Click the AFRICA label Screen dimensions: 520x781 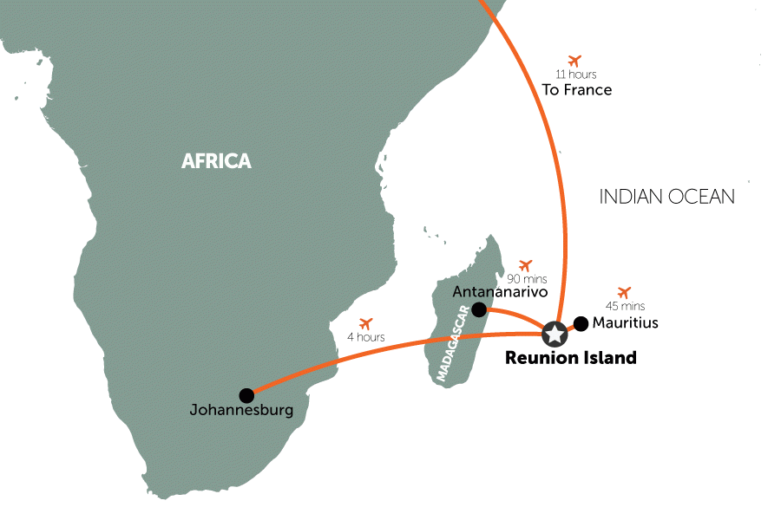pyautogui.click(x=216, y=161)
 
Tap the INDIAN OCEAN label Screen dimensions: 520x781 pyautogui.click(x=666, y=197)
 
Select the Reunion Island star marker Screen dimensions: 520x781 pyautogui.click(x=554, y=333)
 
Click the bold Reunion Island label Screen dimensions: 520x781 pyautogui.click(x=570, y=358)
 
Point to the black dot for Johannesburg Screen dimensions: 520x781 pyautogui.click(x=246, y=395)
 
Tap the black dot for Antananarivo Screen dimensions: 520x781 pyautogui.click(x=478, y=309)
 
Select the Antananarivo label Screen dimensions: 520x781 pyautogui.click(x=500, y=293)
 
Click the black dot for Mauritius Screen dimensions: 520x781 pyautogui.click(x=579, y=323)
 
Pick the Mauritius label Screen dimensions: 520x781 pyautogui.click(x=625, y=323)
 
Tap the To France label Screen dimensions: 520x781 pyautogui.click(x=576, y=90)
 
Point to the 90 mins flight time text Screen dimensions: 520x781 pyautogui.click(x=527, y=279)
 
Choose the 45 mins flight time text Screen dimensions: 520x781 pyautogui.click(x=625, y=306)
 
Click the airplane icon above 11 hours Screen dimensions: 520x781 pyautogui.click(x=574, y=61)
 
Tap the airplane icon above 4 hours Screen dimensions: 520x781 pyautogui.click(x=365, y=323)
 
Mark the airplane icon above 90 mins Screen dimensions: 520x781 pyautogui.click(x=524, y=265)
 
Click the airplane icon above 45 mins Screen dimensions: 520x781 pyautogui.click(x=623, y=292)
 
